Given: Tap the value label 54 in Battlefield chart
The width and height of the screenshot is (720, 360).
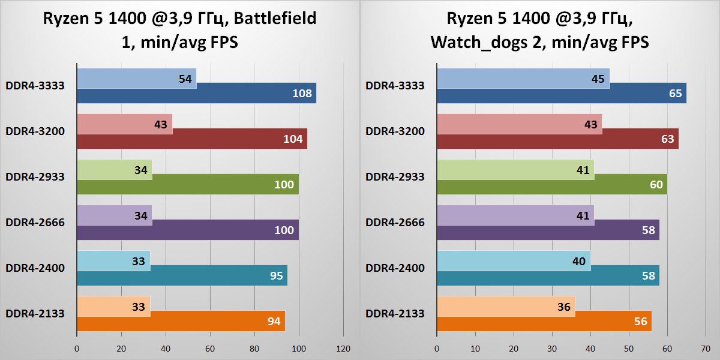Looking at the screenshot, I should (185, 79).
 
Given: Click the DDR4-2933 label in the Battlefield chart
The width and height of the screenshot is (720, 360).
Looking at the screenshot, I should (35, 176).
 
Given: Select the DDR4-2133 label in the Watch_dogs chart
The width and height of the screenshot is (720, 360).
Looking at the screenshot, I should (395, 313).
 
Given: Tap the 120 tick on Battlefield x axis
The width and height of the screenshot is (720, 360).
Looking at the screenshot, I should (343, 349).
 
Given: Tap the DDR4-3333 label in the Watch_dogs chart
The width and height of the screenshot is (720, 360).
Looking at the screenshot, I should (395, 85).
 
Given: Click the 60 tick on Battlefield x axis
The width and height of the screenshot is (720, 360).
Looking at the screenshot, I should (210, 349).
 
